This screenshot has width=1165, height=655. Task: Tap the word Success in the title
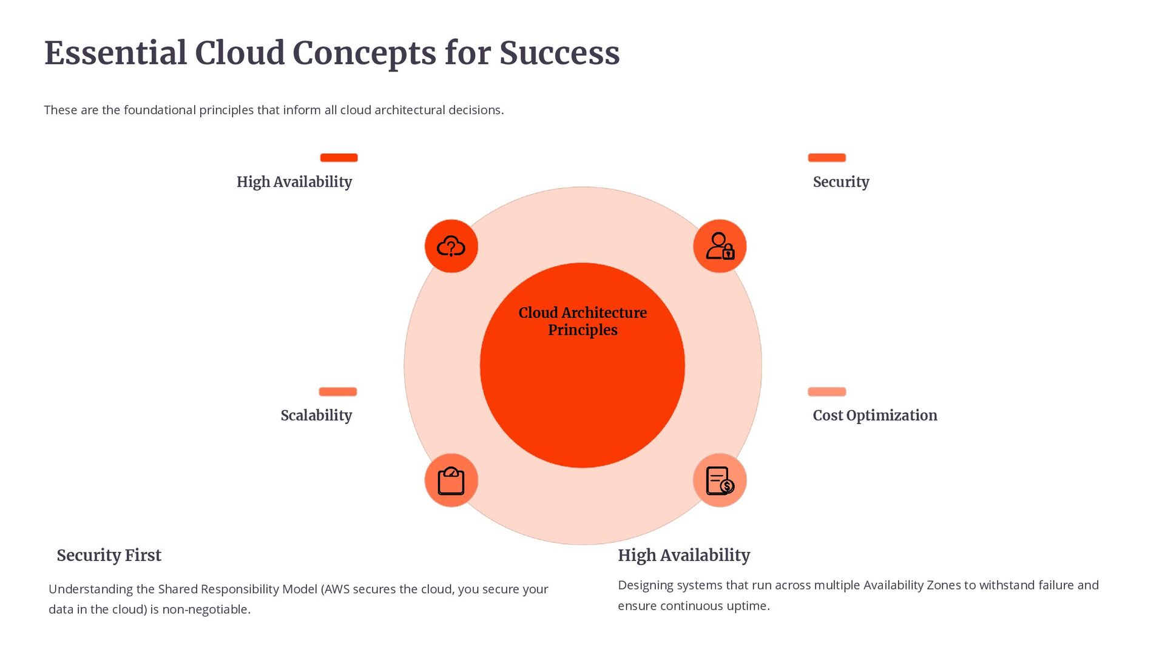point(559,53)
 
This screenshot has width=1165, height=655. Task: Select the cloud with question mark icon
point(451,246)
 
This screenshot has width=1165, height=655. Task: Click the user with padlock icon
point(720,246)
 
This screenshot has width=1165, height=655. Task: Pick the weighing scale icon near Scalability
point(451,480)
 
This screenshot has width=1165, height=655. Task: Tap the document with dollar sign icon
point(720,480)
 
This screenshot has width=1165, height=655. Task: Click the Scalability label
point(316,415)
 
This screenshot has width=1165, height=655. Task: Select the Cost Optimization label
point(874,415)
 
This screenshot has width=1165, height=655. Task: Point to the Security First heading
point(109,555)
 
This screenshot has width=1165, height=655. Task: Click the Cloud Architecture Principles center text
point(582,321)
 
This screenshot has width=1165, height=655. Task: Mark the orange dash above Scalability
point(338,392)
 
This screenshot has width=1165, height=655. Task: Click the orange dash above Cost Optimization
point(826,392)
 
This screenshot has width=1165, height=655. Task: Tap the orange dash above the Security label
point(826,158)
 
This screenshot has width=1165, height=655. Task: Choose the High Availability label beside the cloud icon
point(294,182)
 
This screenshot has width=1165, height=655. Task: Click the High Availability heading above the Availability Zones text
point(684,555)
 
